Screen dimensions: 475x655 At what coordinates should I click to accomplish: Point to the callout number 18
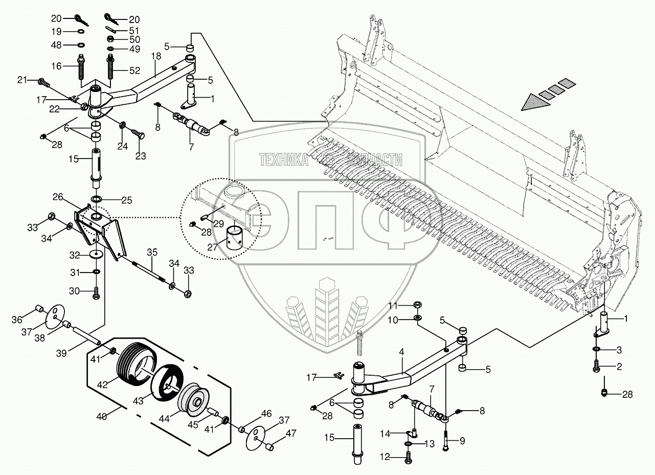click(x=156, y=56)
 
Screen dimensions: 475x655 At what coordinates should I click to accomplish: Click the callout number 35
click(x=152, y=252)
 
